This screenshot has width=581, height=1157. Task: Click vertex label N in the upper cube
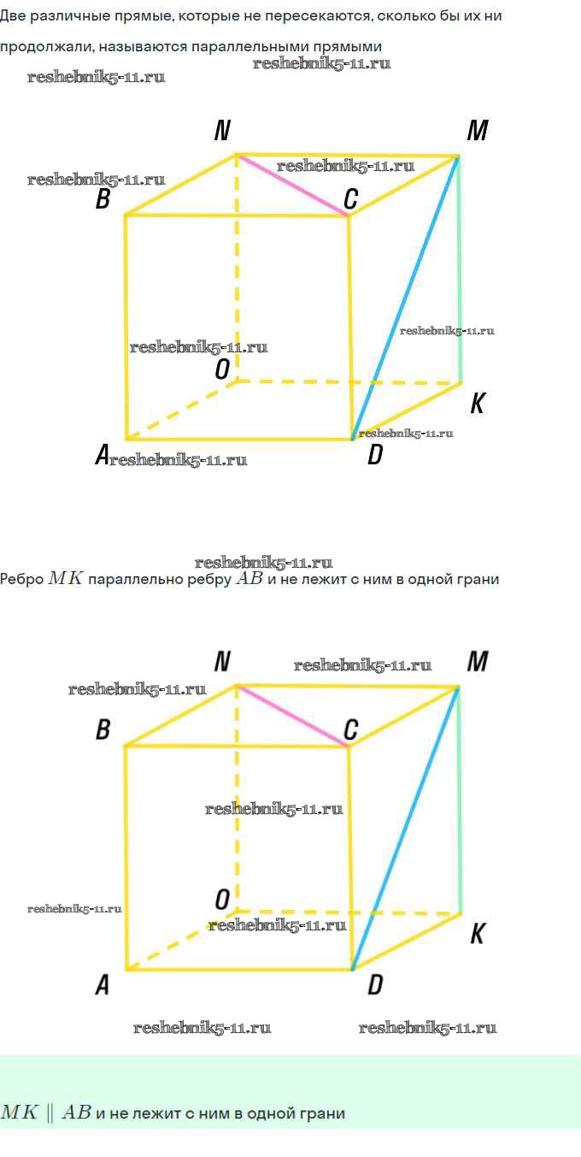click(222, 130)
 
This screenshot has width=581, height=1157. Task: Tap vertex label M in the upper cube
click(478, 130)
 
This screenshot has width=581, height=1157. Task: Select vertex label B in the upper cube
click(103, 198)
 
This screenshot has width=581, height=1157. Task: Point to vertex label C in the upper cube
click(351, 198)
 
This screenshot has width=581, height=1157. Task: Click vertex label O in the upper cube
click(222, 369)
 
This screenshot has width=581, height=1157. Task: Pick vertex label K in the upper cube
click(478, 403)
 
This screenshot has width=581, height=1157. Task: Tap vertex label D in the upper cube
click(375, 455)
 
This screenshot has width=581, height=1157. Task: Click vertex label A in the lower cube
click(103, 984)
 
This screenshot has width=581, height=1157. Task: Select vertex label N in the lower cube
click(222, 661)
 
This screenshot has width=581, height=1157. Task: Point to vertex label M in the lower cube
click(478, 661)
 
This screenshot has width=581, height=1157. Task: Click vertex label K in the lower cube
click(478, 934)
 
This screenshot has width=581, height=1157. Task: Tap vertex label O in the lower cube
click(222, 900)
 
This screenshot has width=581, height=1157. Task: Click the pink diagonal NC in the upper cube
click(292, 185)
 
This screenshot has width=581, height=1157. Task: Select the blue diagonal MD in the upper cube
click(406, 298)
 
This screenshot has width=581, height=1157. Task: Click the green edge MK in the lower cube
click(460, 800)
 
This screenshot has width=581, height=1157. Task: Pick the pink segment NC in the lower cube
click(292, 716)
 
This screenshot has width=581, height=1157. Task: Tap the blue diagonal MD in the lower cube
click(406, 829)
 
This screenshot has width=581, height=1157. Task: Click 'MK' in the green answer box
click(19, 1112)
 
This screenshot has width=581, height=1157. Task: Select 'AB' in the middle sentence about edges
click(249, 577)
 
